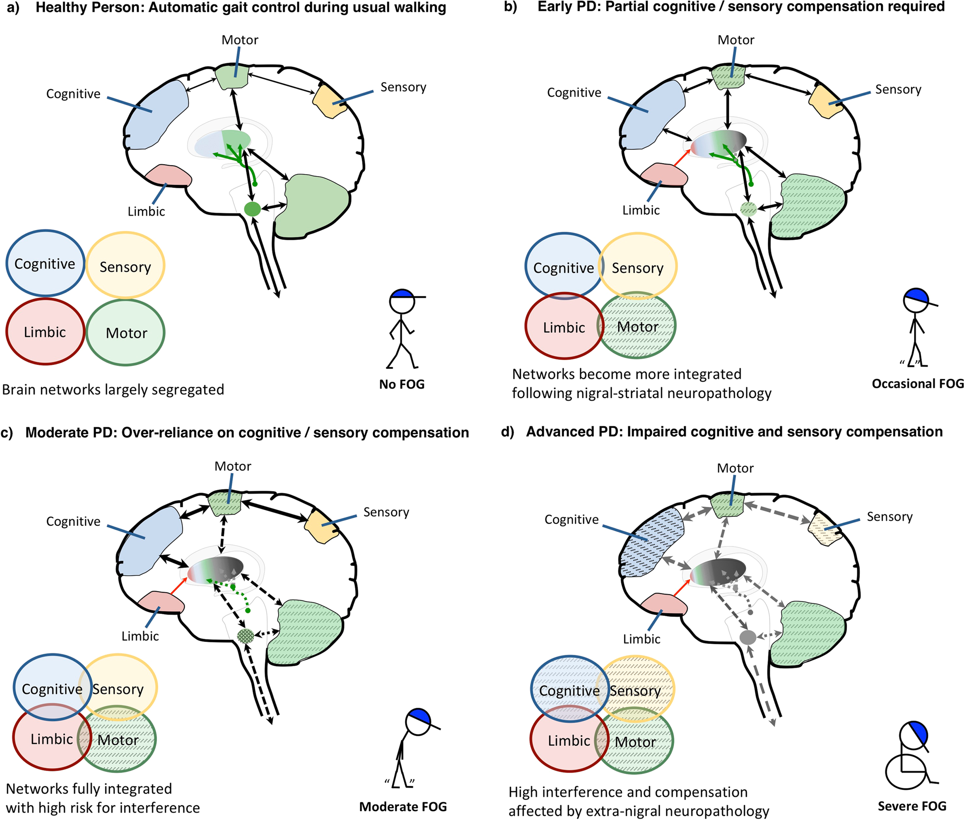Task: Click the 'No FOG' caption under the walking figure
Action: pos(402,384)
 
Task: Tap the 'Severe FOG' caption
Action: pos(912,806)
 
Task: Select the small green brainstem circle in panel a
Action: pos(252,209)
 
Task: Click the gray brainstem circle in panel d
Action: pos(747,637)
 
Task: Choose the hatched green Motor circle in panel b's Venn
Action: pos(638,326)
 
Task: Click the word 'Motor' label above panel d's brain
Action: pos(735,468)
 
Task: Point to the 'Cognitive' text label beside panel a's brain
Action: pos(73,93)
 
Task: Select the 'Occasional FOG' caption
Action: pos(918,384)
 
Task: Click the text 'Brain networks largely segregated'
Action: pos(113,390)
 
